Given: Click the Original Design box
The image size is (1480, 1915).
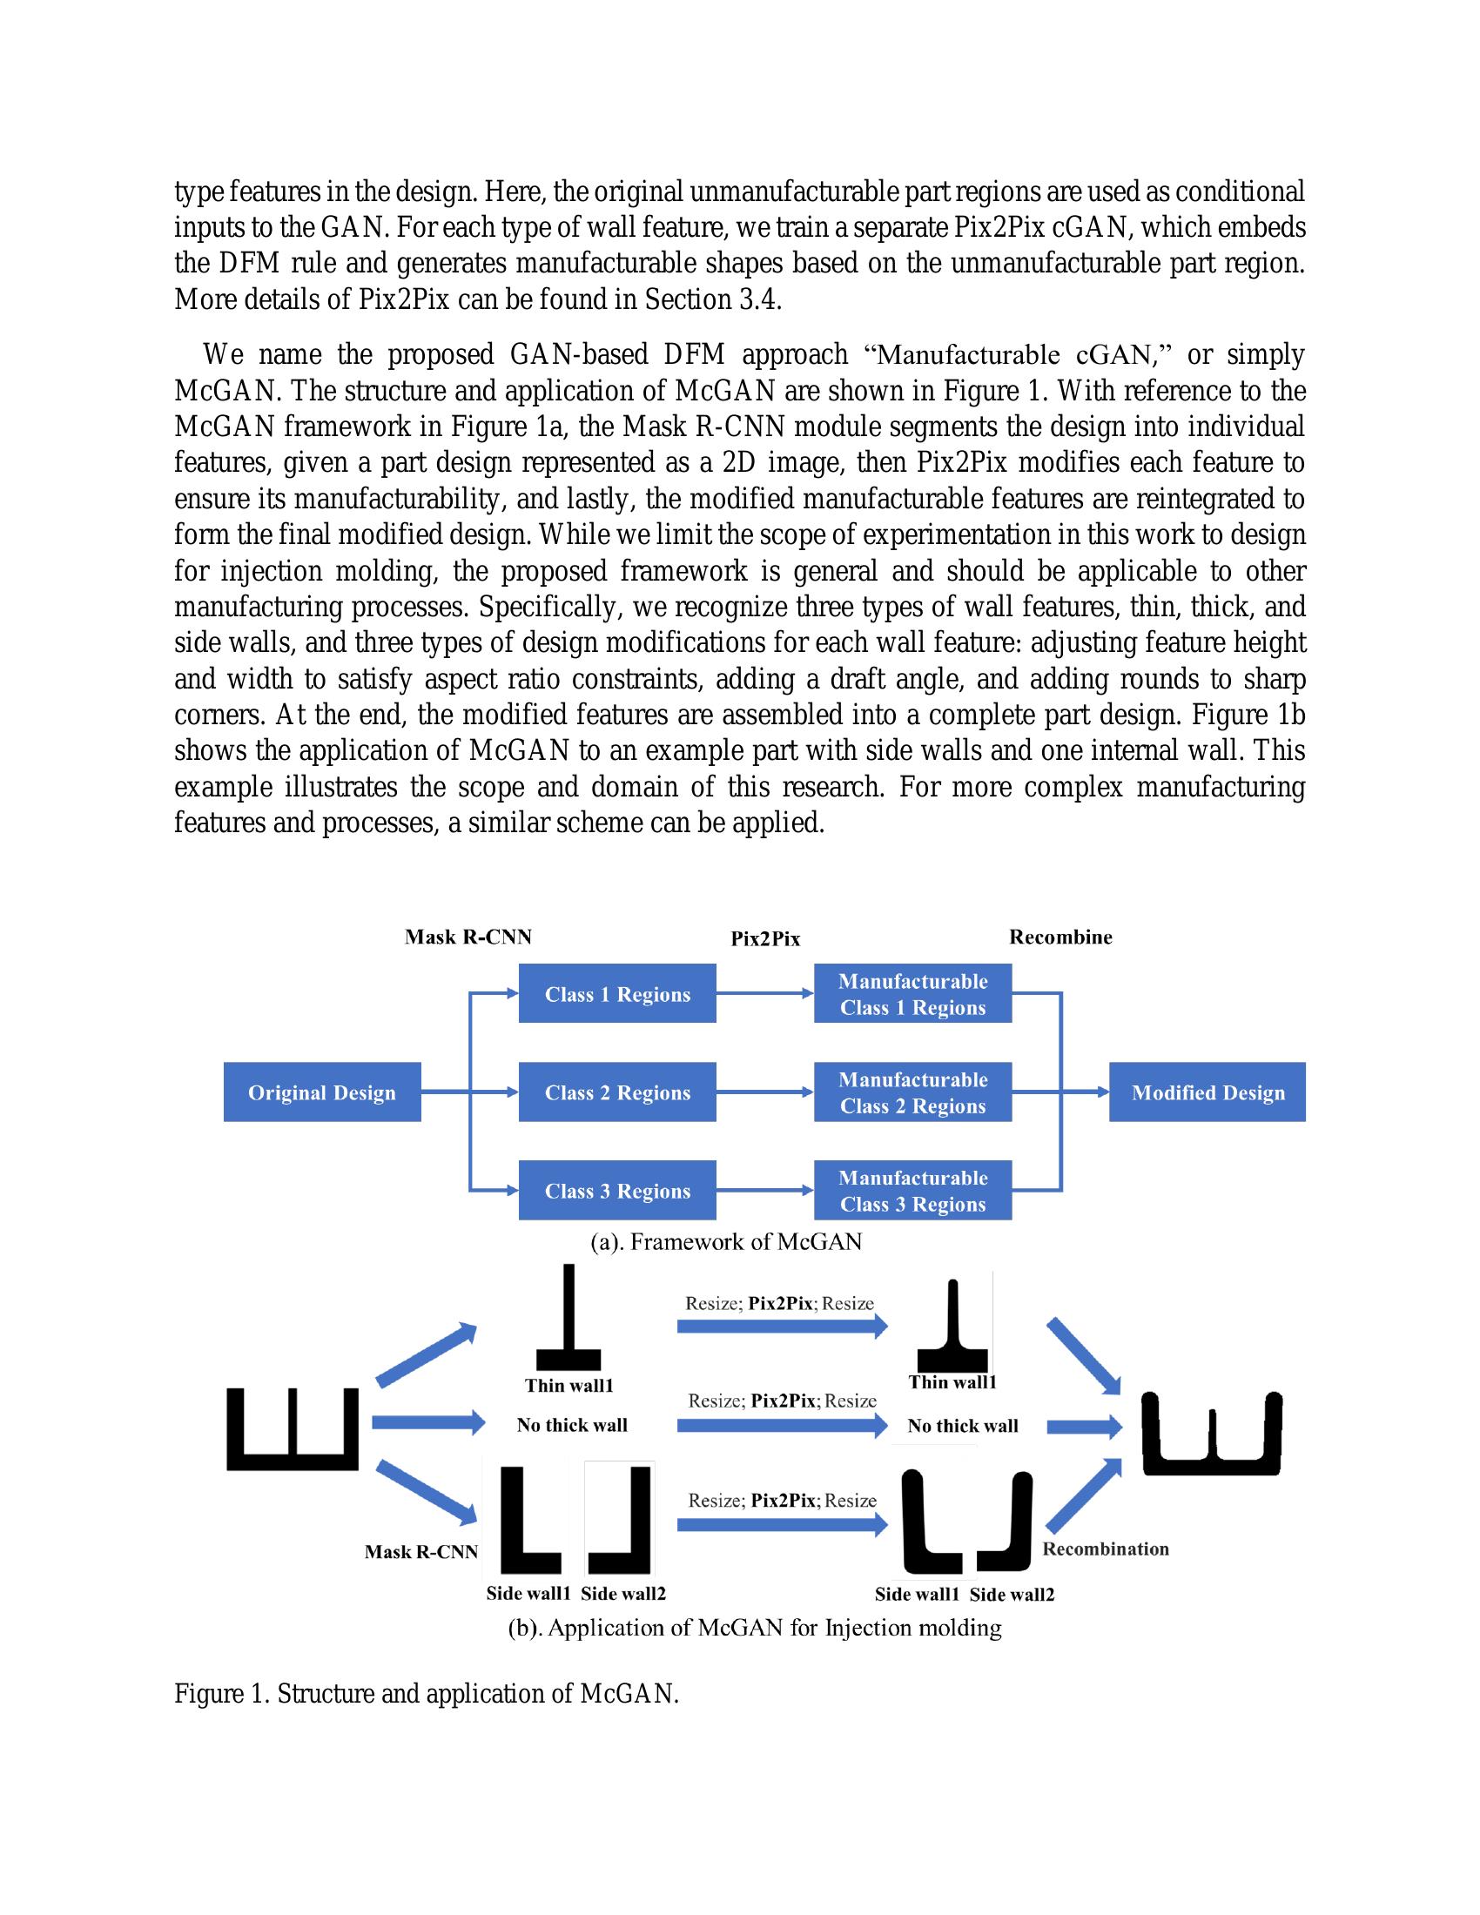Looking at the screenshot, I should point(322,1092).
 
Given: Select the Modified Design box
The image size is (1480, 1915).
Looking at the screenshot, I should point(1207,1092).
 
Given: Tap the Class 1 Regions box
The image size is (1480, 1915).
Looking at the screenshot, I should point(617,993).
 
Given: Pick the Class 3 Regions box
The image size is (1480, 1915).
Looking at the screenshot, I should point(617,1190).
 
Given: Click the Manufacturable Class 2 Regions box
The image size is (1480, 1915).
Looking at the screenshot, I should point(912,1092).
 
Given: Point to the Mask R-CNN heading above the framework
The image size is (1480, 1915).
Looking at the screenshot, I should point(468,937).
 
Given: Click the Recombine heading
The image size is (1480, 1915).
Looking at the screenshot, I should point(1060,937).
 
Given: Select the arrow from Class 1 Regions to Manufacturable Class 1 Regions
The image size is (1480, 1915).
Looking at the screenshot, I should point(764,993).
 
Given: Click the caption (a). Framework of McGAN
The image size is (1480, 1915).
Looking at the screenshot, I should point(726,1241).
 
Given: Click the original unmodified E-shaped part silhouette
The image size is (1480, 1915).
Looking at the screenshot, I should point(293,1428).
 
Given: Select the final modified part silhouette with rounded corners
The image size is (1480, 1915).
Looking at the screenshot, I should point(1211,1435).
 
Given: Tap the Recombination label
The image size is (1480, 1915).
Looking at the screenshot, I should point(1105,1549).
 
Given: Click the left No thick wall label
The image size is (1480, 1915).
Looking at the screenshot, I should point(572,1425).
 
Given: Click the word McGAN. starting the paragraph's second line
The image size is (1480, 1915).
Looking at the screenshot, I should point(214,390).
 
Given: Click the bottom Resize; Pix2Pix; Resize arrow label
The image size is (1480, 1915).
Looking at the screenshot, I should point(782,1500).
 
